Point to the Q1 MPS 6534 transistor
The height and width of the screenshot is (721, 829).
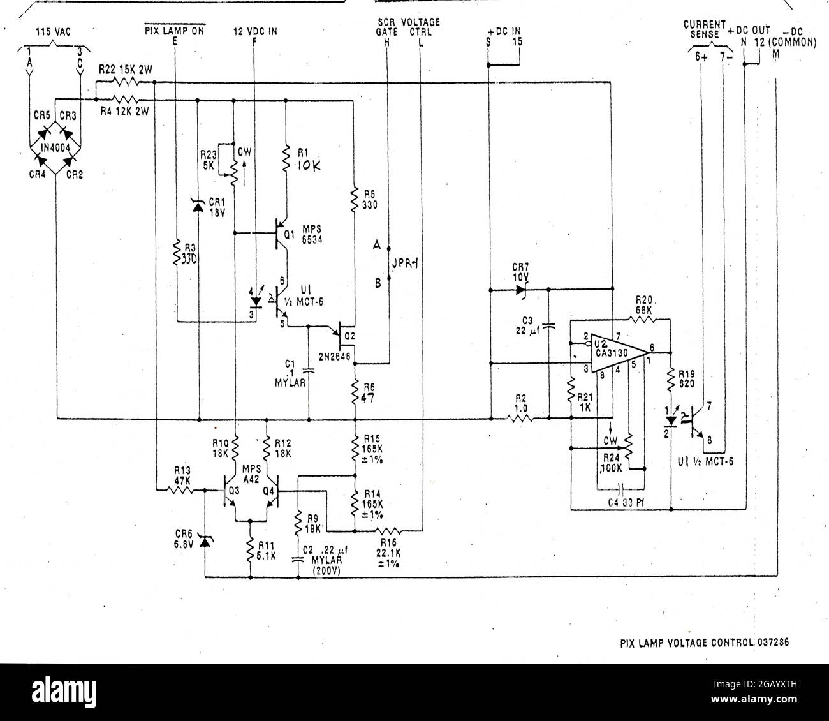pyautogui.click(x=281, y=235)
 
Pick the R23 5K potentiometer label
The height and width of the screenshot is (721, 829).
pyautogui.click(x=209, y=160)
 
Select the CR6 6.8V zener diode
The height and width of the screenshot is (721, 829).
pyautogui.click(x=204, y=542)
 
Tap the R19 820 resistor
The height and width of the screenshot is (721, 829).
pyautogui.click(x=671, y=381)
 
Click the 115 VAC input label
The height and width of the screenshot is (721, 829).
pyautogui.click(x=53, y=31)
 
